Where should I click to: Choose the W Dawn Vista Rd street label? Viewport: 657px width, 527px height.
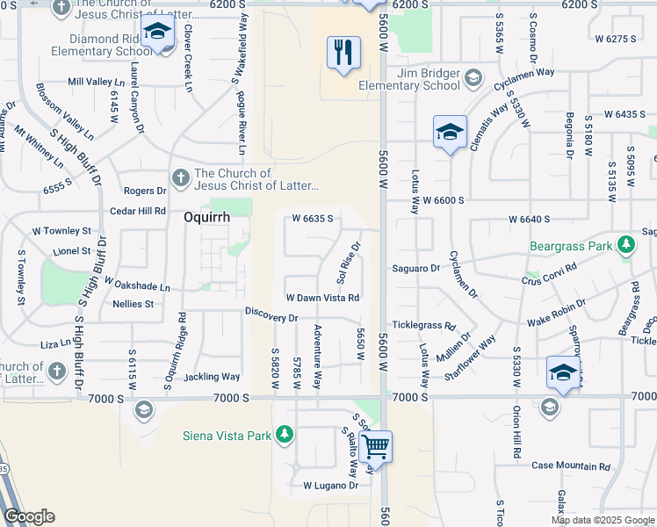point(322,298)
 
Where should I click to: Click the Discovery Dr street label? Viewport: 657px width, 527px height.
point(272,314)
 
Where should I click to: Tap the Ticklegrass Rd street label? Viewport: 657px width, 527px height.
point(424,324)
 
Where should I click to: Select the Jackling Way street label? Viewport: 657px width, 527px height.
point(212,377)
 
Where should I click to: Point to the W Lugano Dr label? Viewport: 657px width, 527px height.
point(331,485)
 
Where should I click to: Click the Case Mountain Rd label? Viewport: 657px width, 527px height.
point(564,465)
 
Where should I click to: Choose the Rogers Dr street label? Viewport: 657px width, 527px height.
point(145,191)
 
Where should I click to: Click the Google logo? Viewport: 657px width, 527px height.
point(29,516)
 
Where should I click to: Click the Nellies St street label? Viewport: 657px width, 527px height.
point(134,304)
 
